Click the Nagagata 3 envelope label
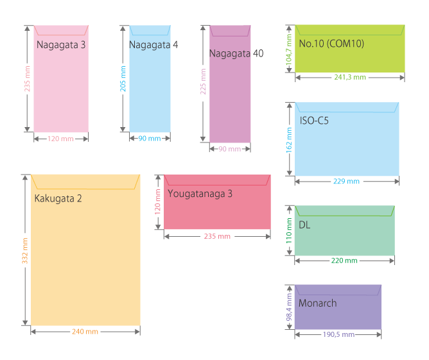pos(61,45)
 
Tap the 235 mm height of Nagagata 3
pos(27,79)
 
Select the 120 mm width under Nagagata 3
pos(61,139)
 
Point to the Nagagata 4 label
pos(153,45)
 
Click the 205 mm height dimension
pos(123,79)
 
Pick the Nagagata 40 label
pos(236,53)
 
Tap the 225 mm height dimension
pos(204,83)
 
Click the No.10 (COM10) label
pos(331,44)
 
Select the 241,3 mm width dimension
pos(350,77)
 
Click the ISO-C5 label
pos(314,120)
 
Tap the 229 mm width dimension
pos(347,182)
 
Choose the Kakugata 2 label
pos(58,198)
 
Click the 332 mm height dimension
pos(25,250)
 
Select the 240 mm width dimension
pos(85,332)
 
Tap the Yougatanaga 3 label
pos(200,193)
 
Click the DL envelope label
pos(304,225)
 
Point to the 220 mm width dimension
pos(345,261)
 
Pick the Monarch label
pos(317,303)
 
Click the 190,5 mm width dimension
pos(338,334)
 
